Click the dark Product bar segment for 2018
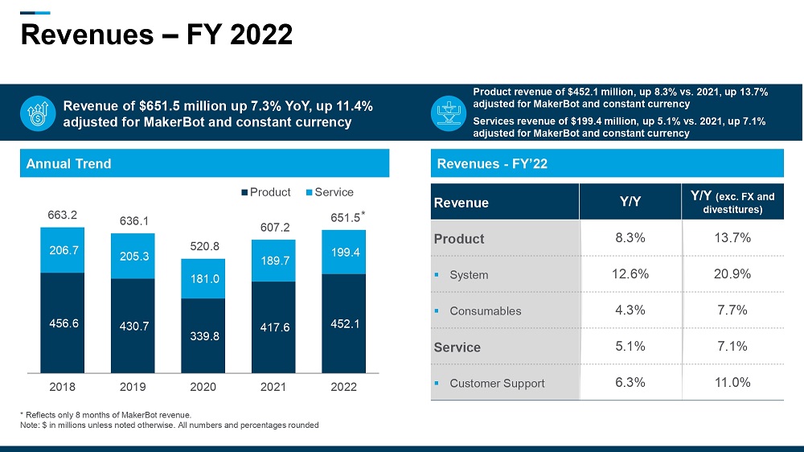click(63, 323)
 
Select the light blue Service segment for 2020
click(203, 278)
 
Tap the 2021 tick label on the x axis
click(273, 387)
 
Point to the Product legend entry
click(265, 192)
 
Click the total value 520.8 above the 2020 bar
click(203, 247)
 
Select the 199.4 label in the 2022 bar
click(344, 253)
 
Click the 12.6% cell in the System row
click(630, 274)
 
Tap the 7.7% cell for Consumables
click(732, 310)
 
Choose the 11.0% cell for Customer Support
click(732, 383)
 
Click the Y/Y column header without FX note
click(630, 203)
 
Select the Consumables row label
click(485, 311)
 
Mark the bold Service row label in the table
click(457, 347)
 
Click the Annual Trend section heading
click(69, 164)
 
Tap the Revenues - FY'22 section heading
click(492, 164)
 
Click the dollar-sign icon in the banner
click(37, 113)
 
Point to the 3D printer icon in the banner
click(448, 113)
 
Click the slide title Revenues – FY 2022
click(156, 35)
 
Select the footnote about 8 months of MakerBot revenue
click(106, 414)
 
